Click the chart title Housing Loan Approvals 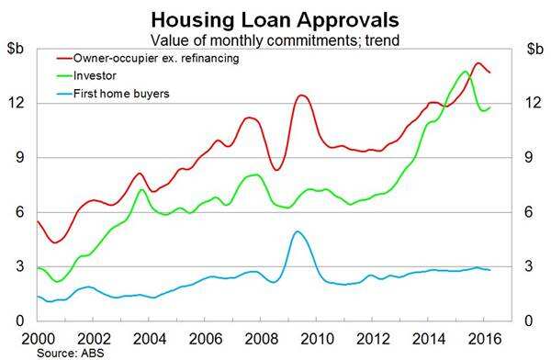click(275, 17)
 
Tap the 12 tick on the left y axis click(19, 103)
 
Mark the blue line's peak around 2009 click(297, 231)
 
